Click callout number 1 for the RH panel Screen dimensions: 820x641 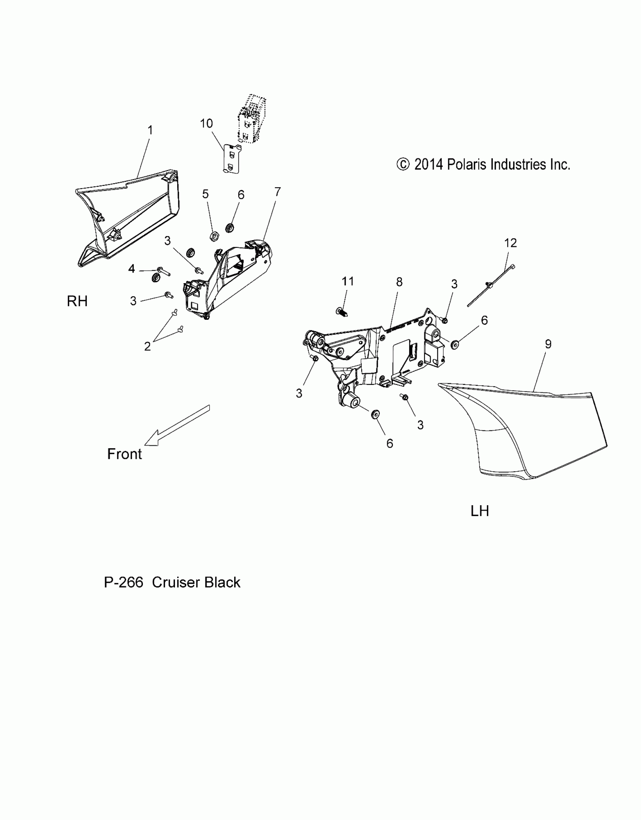150,130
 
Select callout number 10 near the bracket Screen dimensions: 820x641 206,123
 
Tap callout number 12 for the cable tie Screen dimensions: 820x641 510,243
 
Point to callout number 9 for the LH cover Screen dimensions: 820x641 548,344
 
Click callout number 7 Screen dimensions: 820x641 278,192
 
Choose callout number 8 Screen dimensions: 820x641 399,282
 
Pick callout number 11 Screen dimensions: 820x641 348,281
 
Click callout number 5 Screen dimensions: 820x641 205,194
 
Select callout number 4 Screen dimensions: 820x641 132,269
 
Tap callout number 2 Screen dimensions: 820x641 147,346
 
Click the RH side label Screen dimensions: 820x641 77,301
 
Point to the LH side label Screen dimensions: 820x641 480,511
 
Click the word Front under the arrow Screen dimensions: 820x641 124,454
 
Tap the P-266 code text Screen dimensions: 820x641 123,582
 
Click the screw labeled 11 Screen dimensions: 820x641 342,312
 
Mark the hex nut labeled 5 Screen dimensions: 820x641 213,237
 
